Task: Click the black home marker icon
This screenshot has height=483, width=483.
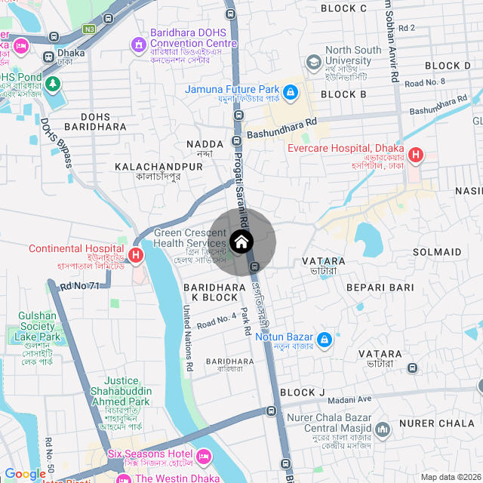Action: [x=241, y=241]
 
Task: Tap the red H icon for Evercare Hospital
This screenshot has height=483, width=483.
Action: [x=415, y=156]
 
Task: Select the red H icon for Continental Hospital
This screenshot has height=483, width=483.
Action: [x=136, y=256]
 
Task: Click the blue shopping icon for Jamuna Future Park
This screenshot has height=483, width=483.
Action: [x=291, y=93]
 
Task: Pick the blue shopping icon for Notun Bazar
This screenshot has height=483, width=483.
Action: [x=324, y=340]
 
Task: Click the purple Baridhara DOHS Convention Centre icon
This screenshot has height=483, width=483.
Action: [x=138, y=45]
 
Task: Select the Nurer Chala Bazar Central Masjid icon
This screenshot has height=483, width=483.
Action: [x=383, y=429]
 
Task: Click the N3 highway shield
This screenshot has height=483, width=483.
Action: [x=90, y=29]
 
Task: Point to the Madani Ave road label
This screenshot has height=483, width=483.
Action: [x=349, y=399]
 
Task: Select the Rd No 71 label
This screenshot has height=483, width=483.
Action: [x=80, y=286]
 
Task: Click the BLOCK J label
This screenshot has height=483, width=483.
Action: [x=302, y=392]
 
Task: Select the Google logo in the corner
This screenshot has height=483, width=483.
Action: [x=24, y=474]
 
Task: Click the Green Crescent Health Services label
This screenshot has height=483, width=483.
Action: [x=190, y=238]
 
